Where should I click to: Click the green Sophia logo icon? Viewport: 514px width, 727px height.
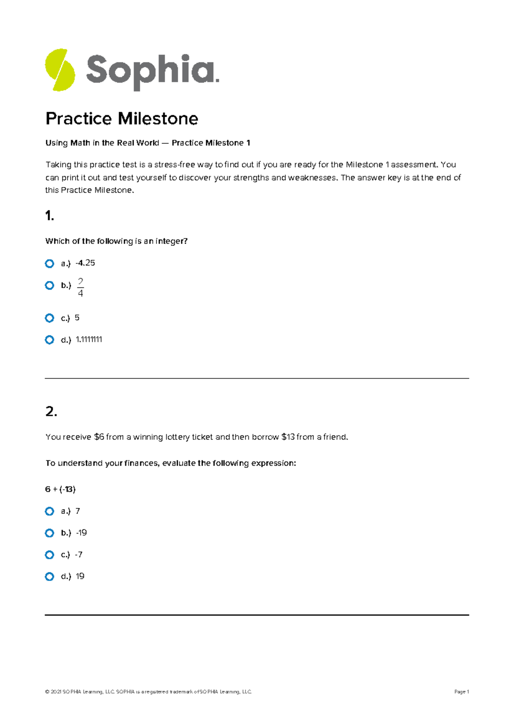pos(60,70)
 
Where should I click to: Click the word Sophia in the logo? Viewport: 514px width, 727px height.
pos(152,71)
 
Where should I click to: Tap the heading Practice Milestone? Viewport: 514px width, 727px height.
pos(122,119)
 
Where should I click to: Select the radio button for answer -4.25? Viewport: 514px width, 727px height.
pos(50,264)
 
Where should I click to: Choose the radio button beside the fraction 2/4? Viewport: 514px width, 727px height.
pos(50,286)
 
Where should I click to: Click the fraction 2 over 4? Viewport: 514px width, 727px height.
pos(80,287)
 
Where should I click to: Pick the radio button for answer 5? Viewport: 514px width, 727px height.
pos(50,318)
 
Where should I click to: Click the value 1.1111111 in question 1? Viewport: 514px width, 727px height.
pos(89,340)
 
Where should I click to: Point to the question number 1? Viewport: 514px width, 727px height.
pos(49,216)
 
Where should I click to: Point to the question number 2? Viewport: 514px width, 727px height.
pos(51,412)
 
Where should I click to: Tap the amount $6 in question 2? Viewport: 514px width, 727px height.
pos(99,437)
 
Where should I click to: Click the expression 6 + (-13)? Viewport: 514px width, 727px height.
pos(60,489)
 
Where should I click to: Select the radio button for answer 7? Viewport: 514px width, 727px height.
pos(50,512)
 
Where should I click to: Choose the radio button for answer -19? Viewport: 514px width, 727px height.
pos(50,533)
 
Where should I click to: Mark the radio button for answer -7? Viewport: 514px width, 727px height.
pos(50,555)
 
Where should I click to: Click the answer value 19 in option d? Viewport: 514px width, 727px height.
pos(80,577)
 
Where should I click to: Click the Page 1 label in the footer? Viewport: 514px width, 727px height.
pos(461,692)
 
